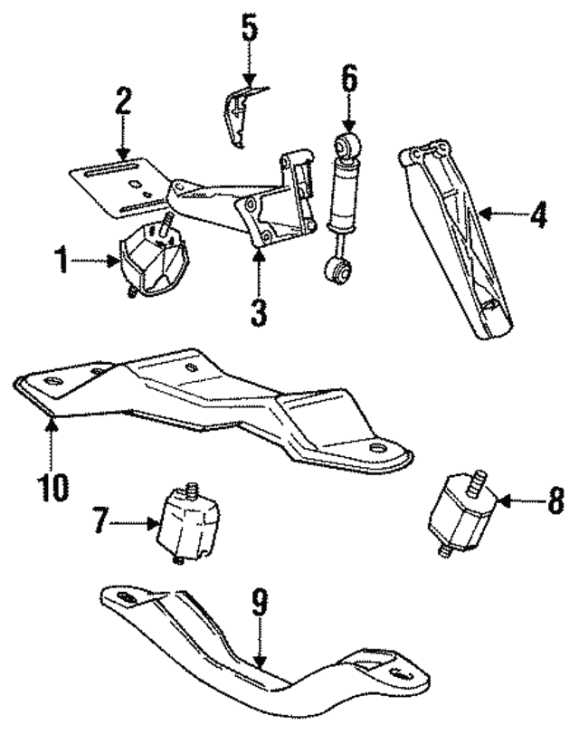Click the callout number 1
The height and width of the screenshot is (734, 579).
click(x=62, y=264)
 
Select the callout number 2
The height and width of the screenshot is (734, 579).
click(x=123, y=101)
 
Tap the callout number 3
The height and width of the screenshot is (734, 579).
click(x=260, y=311)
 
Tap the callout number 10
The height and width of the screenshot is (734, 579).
click(x=52, y=486)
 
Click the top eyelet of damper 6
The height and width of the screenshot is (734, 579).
click(x=347, y=143)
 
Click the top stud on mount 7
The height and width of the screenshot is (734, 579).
click(x=191, y=490)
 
